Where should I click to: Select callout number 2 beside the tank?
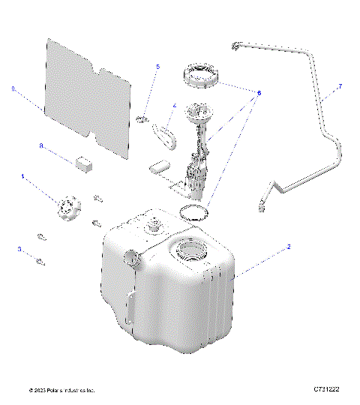tap(289, 246)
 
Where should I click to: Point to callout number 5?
tap(158, 67)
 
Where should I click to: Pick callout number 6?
tap(259, 93)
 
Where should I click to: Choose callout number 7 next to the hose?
tap(340, 87)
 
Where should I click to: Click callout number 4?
tap(175, 106)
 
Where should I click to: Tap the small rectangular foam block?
tap(84, 162)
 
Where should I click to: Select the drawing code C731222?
tap(327, 390)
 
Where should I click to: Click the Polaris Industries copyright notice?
tap(61, 391)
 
